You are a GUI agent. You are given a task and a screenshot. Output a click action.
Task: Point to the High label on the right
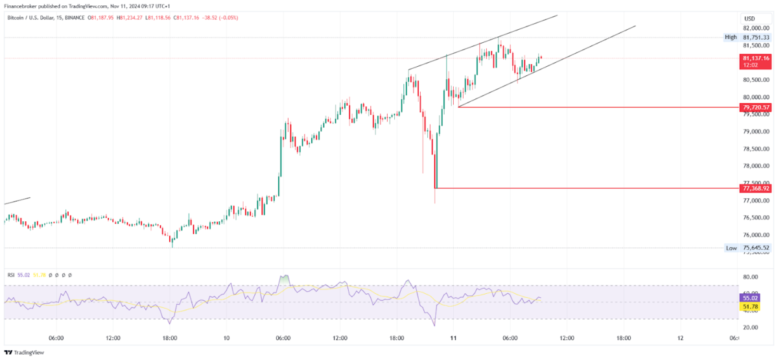(731, 38)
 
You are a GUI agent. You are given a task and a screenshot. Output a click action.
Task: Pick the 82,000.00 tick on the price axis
(755, 29)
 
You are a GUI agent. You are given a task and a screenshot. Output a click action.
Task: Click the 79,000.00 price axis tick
(755, 132)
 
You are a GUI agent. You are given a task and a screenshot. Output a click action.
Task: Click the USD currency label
(749, 18)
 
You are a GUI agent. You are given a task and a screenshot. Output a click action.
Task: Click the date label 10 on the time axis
(226, 338)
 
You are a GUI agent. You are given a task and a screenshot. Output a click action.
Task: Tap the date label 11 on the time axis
(453, 338)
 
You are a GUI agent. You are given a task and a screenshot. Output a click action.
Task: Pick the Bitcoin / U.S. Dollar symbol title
(36, 18)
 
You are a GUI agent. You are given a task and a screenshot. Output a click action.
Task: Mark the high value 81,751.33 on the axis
(756, 38)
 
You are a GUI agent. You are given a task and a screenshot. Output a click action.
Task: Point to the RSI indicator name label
(11, 275)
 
